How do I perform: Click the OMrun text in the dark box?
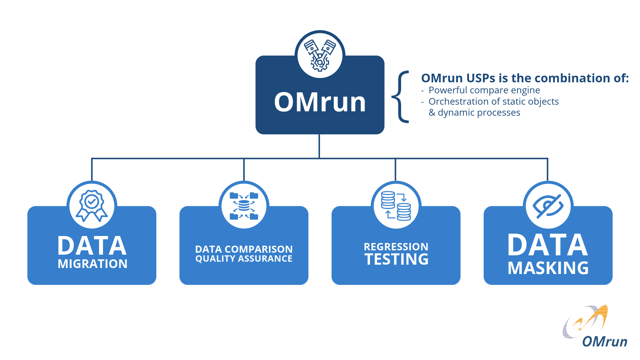[320, 102]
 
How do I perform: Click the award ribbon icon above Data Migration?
[92, 206]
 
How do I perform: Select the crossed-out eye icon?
[548, 206]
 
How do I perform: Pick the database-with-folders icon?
[244, 206]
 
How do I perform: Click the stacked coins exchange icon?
[396, 206]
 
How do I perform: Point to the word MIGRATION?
[92, 264]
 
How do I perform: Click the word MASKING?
[548, 268]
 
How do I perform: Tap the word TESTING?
[396, 259]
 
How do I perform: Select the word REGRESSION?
[396, 247]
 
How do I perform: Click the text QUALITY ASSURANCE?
[244, 259]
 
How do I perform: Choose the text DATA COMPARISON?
[244, 249]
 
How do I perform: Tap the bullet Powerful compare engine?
[484, 90]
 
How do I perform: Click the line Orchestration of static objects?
[493, 101]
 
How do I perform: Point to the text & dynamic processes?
[474, 112]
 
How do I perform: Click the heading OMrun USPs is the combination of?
[525, 78]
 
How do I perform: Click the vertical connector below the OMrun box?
[319, 146]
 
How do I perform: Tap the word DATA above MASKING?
[547, 245]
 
